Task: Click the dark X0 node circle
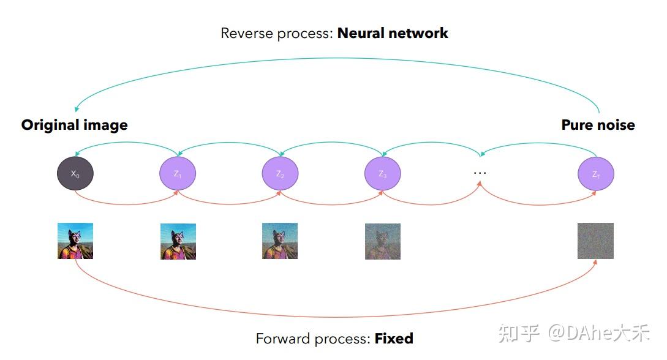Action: click(x=75, y=174)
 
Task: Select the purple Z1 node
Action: click(x=178, y=174)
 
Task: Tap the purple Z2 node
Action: click(x=280, y=174)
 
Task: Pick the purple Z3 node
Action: click(x=383, y=174)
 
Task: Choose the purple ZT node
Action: click(x=595, y=174)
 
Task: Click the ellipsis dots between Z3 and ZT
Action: click(x=480, y=173)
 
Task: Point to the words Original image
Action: click(x=74, y=125)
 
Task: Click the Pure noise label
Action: click(x=598, y=125)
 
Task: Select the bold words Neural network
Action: click(x=393, y=33)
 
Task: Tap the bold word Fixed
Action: click(x=394, y=338)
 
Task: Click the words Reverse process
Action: click(x=277, y=33)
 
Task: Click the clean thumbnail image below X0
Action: click(x=75, y=241)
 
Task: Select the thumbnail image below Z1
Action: click(x=178, y=241)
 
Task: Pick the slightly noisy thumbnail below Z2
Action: click(x=280, y=241)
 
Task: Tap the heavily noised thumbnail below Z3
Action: click(x=383, y=241)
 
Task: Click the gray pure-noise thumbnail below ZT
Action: click(x=595, y=241)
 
